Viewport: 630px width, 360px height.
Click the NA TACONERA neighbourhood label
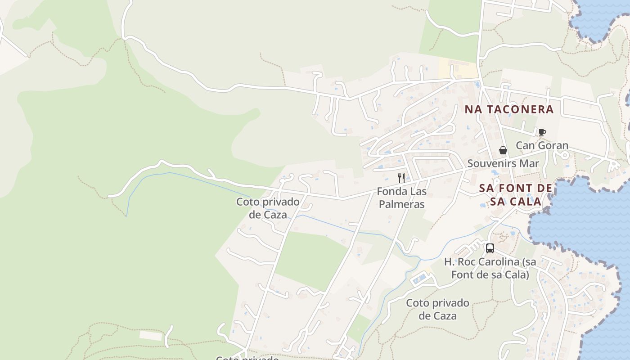coord(508,109)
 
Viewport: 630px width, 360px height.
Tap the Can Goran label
coord(542,145)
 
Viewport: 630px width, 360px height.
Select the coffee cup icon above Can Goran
coord(542,132)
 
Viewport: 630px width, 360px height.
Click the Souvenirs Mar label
coord(503,163)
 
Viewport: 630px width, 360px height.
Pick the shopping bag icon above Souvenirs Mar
coord(503,150)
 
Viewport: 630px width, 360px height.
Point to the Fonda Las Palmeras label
coord(401,198)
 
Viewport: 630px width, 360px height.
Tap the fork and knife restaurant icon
coord(401,178)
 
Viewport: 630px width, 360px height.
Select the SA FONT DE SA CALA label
coord(516,194)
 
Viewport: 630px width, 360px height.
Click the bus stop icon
coord(490,248)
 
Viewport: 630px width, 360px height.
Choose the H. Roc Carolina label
coord(490,268)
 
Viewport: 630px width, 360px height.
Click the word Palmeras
coord(401,204)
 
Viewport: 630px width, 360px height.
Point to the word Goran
coord(552,145)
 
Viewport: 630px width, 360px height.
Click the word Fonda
coord(390,191)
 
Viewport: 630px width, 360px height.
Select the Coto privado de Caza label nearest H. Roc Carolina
coord(437,310)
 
